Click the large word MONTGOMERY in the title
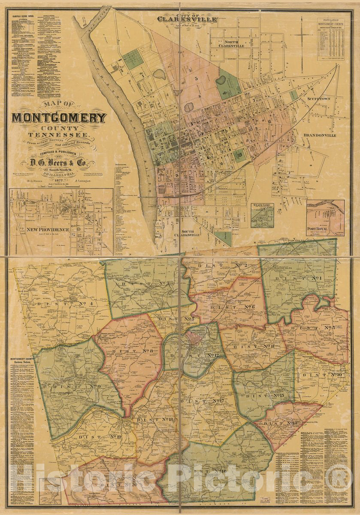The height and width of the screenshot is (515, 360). pyautogui.click(x=59, y=118)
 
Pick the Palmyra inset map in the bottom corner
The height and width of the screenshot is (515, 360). pyautogui.click(x=50, y=492)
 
